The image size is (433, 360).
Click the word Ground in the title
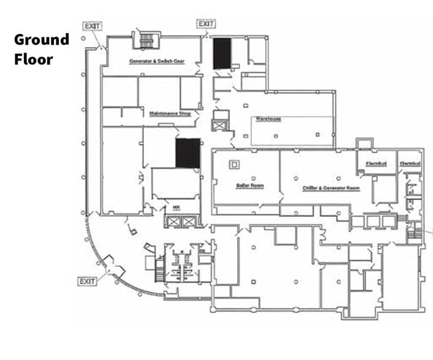pyautogui.click(x=42, y=40)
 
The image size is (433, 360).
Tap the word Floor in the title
pyautogui.click(x=34, y=59)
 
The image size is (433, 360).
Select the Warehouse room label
pyautogui.click(x=268, y=118)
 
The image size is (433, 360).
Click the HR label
pyautogui.click(x=176, y=208)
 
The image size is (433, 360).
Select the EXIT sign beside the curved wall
pyautogui.click(x=87, y=281)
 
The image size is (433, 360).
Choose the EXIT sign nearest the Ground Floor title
pyautogui.click(x=92, y=26)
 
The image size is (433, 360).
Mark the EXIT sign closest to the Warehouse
pyautogui.click(x=206, y=24)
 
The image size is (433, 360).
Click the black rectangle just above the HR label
pyautogui.click(x=188, y=153)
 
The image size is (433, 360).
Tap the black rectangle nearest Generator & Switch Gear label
pyautogui.click(x=221, y=53)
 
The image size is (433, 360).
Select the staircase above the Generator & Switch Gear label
pyautogui.click(x=146, y=41)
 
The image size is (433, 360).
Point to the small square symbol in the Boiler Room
pyautogui.click(x=233, y=164)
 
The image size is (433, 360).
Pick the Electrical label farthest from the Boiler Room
pyautogui.click(x=409, y=163)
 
